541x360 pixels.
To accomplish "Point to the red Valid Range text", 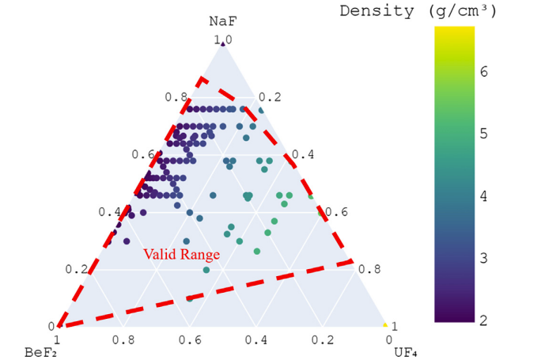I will (181, 255).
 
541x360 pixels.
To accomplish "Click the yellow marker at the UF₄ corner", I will (385, 325).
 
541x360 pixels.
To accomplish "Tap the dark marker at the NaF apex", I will (222, 44).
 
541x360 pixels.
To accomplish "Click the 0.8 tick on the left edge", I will (175, 97).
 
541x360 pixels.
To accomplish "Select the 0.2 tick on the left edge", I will (76, 269).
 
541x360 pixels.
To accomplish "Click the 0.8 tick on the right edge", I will (369, 269).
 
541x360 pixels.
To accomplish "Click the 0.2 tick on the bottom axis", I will (322, 340).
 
